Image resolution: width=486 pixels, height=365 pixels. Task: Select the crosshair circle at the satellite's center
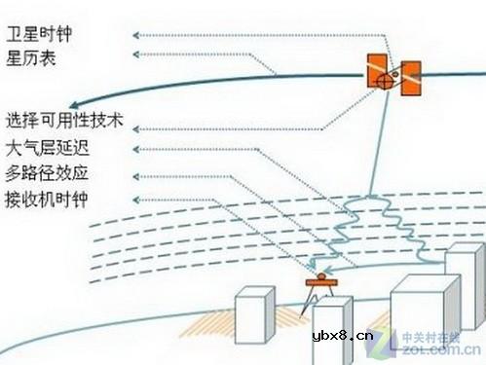pyautogui.click(x=387, y=82)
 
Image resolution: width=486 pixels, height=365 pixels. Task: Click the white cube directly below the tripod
pyautogui.click(x=331, y=326)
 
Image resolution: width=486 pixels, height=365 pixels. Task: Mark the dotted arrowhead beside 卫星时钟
pyautogui.click(x=136, y=36)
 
